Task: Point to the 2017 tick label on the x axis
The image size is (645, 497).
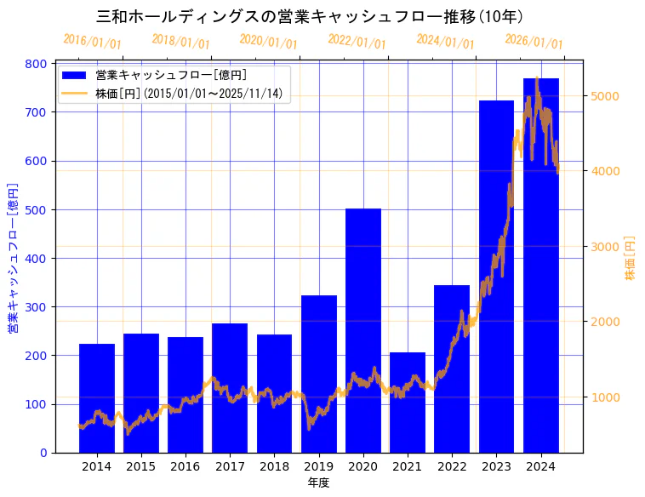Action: pyautogui.click(x=230, y=466)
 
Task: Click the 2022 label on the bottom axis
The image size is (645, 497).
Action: pyautogui.click(x=452, y=466)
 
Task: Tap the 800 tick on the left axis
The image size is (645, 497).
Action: pyautogui.click(x=36, y=64)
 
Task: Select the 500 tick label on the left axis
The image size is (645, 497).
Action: pyautogui.click(x=36, y=210)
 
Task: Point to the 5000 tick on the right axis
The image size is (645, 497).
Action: pyautogui.click(x=606, y=96)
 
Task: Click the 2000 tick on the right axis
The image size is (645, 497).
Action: pyautogui.click(x=606, y=322)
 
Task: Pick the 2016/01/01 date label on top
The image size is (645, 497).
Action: pyautogui.click(x=93, y=42)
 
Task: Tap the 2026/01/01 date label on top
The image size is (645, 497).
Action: pyautogui.click(x=534, y=42)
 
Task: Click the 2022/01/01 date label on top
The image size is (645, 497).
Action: pyautogui.click(x=357, y=42)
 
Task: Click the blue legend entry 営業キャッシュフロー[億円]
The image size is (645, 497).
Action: pyautogui.click(x=171, y=75)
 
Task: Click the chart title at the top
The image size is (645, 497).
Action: pyautogui.click(x=310, y=16)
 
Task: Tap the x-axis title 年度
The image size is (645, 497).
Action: pyautogui.click(x=318, y=483)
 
